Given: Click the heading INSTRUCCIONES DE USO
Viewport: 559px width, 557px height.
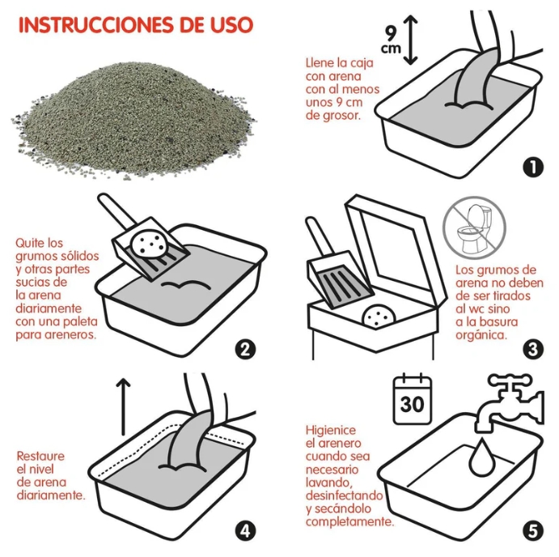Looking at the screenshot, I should (x=135, y=25).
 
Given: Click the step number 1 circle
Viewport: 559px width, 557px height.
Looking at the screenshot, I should (x=531, y=167).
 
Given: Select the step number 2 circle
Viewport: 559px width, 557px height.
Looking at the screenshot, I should (x=245, y=350).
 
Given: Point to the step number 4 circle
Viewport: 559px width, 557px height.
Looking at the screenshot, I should (x=245, y=531).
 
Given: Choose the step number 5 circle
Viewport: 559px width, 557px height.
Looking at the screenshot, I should (x=531, y=531).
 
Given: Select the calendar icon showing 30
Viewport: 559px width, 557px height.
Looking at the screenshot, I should (x=412, y=399).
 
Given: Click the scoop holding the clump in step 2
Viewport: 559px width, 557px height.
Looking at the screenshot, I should (x=150, y=244).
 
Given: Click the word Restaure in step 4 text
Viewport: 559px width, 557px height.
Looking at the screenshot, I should (x=40, y=456).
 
